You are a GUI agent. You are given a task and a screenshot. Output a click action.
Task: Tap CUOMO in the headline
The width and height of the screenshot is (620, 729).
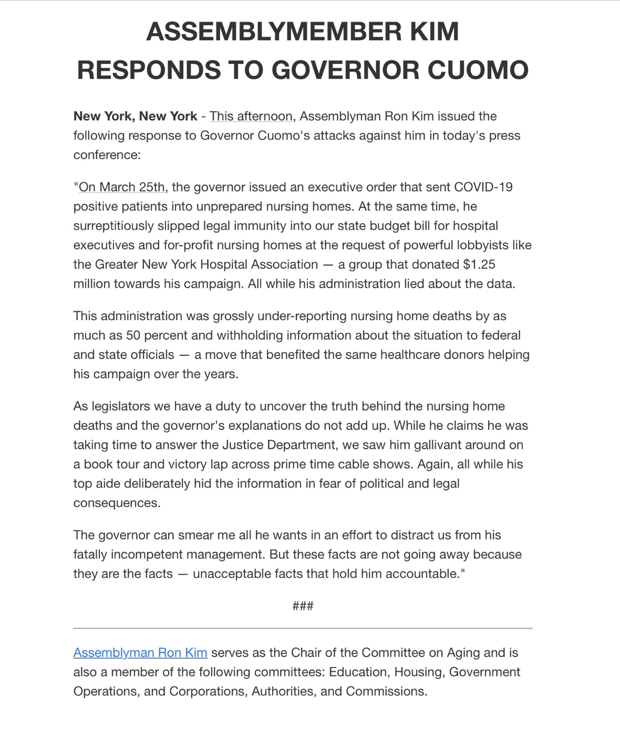[x=477, y=70]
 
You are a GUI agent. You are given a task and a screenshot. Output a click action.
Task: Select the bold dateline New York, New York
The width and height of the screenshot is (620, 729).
[x=135, y=116]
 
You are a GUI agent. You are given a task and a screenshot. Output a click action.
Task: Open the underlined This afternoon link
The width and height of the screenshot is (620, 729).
[x=251, y=116]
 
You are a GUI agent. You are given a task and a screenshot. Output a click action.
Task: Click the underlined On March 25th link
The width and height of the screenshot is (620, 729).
[x=122, y=187]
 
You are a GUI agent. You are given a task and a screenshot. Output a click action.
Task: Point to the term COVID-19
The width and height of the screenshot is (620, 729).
[x=483, y=187]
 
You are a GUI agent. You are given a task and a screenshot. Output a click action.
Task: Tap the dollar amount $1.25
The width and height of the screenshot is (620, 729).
[x=479, y=264]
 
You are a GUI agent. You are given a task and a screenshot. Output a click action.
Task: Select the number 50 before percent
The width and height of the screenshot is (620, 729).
[x=133, y=335]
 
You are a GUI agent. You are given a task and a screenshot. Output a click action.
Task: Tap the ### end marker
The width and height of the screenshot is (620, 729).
[x=303, y=606]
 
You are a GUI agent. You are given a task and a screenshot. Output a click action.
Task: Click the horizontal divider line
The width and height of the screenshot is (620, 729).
[x=303, y=628]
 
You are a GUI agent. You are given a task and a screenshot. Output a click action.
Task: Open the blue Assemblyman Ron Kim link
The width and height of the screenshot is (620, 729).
[x=140, y=653]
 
